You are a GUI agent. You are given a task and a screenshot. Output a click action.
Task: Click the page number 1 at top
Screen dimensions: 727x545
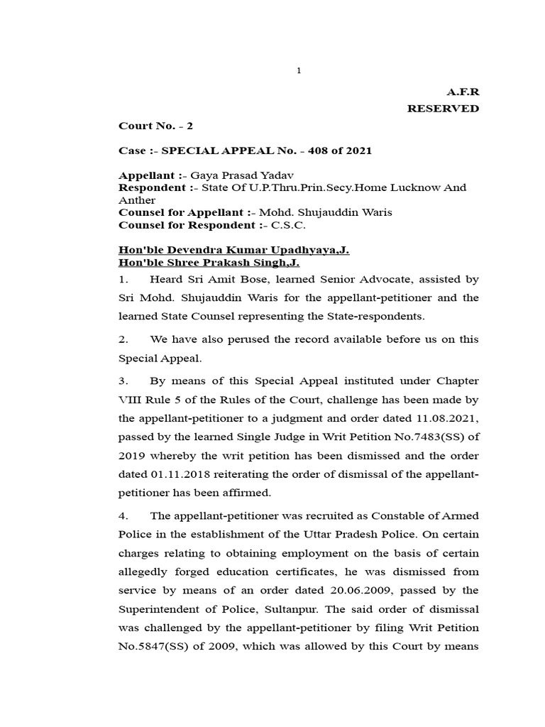click(299, 70)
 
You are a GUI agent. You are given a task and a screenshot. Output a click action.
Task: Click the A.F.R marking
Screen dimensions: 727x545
click(463, 92)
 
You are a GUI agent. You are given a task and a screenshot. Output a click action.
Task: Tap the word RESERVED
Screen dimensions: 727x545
click(443, 109)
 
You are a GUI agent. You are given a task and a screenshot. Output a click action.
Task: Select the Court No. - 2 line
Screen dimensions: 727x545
click(155, 126)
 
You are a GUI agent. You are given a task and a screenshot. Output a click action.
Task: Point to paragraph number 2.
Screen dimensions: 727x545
click(121, 339)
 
